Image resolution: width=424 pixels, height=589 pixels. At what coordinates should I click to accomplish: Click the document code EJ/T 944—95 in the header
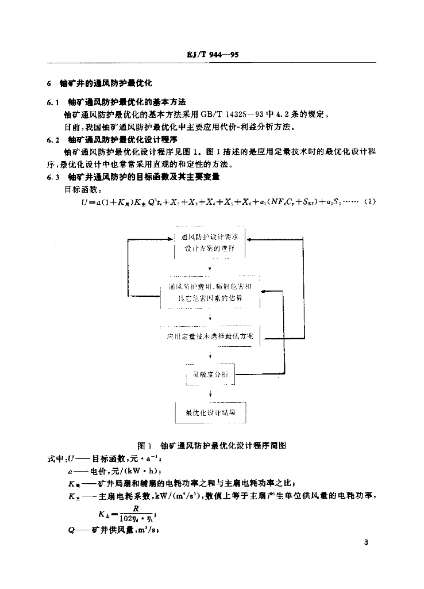[x=213, y=55]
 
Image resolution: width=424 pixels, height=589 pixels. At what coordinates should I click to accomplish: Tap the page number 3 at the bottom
[x=366, y=542]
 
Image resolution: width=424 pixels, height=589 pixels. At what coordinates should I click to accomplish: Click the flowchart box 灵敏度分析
[x=210, y=374]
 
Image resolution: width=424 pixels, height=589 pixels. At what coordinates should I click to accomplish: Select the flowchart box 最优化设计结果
[x=210, y=412]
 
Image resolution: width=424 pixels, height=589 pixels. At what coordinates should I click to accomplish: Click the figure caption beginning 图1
[x=212, y=445]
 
